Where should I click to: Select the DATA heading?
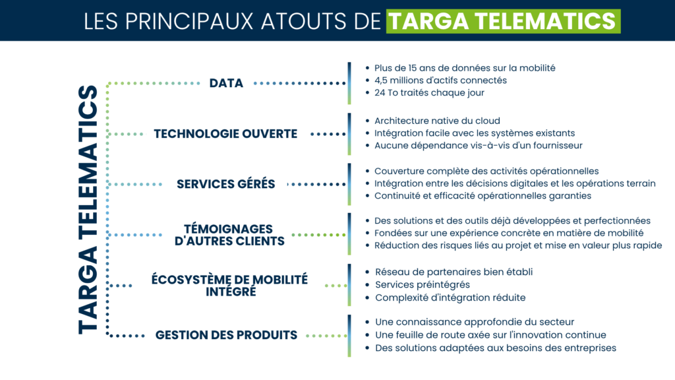point(226,83)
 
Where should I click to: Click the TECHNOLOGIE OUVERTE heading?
point(225,134)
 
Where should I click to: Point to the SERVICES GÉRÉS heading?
point(225,184)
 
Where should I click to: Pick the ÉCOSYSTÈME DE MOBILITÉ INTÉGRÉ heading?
point(229,285)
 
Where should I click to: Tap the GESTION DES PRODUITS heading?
point(226,335)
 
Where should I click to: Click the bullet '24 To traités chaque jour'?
point(429,92)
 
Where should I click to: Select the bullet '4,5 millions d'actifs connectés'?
point(440,80)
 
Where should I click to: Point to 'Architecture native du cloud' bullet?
point(437,121)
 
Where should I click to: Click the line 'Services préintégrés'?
point(423,284)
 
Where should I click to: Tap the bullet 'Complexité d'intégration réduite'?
point(450,298)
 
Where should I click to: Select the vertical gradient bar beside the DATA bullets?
point(349,83)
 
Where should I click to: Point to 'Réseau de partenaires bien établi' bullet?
point(454,272)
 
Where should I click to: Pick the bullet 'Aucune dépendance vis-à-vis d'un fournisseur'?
point(478,145)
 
